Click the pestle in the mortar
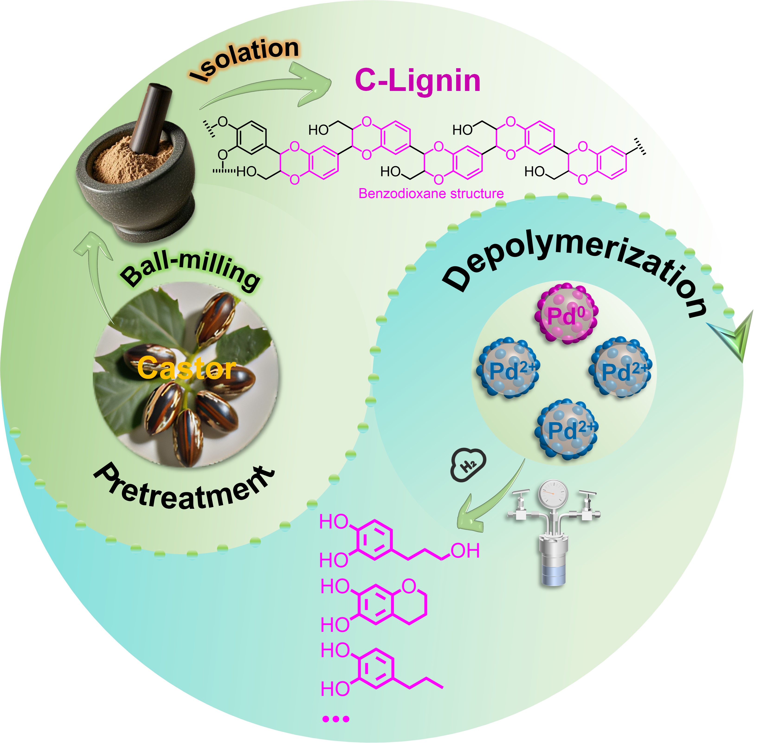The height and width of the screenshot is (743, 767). click(x=150, y=117)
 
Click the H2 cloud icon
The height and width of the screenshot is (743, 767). click(x=469, y=465)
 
